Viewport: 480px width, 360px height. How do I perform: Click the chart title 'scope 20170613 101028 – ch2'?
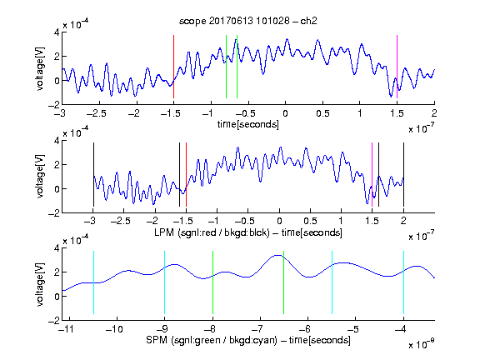click(x=247, y=21)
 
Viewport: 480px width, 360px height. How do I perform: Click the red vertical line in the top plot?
click(x=173, y=67)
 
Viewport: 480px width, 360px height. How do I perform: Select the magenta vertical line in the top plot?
click(x=397, y=67)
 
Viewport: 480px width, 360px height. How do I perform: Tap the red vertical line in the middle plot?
click(x=186, y=174)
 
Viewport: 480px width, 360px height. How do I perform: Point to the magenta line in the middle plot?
click(x=372, y=174)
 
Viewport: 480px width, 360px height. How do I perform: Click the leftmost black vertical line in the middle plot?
click(x=93, y=174)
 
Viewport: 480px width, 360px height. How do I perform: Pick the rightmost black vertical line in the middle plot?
click(x=403, y=174)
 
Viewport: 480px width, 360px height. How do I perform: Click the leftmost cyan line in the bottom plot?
click(x=93, y=282)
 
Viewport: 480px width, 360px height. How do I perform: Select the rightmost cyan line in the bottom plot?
click(x=403, y=282)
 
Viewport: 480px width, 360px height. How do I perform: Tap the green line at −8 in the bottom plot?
click(x=212, y=282)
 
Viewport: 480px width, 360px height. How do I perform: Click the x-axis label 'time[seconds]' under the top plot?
click(x=248, y=124)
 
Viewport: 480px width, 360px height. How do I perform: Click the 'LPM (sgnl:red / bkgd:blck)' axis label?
click(x=212, y=232)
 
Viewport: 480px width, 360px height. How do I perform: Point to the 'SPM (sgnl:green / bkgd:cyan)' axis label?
click(x=212, y=340)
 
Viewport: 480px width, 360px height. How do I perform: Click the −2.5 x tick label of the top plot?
click(x=97, y=113)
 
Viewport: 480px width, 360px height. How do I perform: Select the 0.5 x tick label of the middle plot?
click(x=310, y=221)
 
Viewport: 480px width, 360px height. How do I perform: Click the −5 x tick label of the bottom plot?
click(x=354, y=329)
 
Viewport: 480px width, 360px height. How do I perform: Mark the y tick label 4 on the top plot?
click(x=57, y=32)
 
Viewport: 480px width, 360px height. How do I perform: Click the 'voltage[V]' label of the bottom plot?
click(x=40, y=284)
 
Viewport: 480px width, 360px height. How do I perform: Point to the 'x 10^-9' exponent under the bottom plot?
click(x=421, y=343)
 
